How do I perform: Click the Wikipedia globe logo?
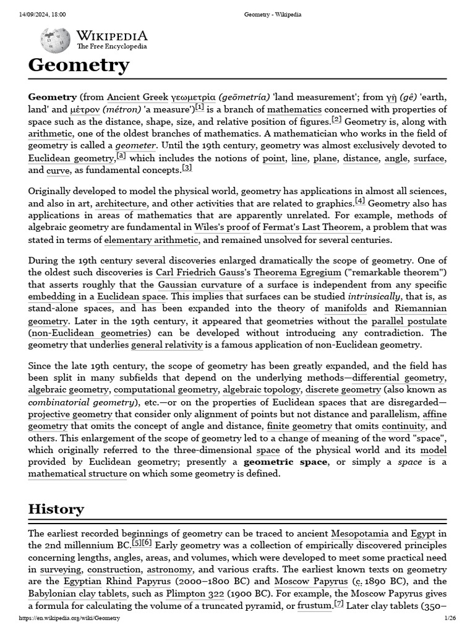55,41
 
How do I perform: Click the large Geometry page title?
79,65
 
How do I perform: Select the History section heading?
56,509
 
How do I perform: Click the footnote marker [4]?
360,202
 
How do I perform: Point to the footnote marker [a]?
121,156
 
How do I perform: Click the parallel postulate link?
409,321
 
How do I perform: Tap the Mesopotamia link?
359,533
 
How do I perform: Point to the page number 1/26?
450,618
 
